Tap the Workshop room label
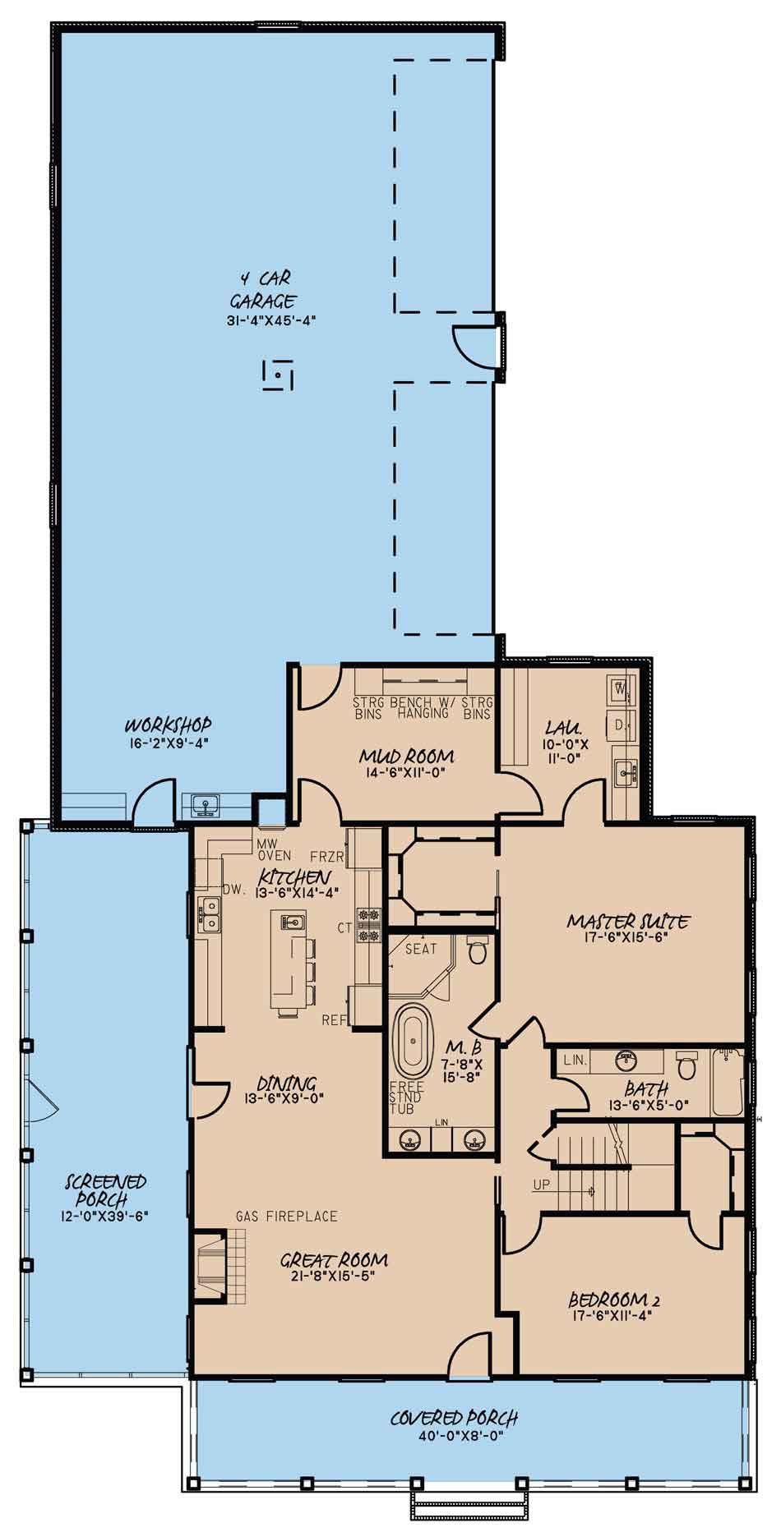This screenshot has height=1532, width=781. (169, 725)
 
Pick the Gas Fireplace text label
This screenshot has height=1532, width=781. (287, 1216)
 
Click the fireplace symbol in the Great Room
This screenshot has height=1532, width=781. (219, 1267)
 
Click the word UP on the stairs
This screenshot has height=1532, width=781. (542, 1185)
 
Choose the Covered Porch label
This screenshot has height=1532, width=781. (455, 1417)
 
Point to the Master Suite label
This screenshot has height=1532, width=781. (628, 922)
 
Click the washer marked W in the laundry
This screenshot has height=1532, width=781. (622, 687)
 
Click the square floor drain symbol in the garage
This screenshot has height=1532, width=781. (278, 375)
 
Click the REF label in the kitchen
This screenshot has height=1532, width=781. (333, 1021)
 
